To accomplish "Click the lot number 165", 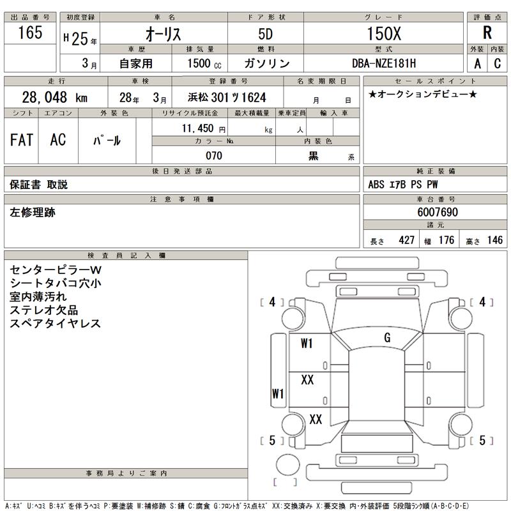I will tap(30, 33).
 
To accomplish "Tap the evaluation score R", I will tap(487, 34).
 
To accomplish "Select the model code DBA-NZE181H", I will tap(383, 63).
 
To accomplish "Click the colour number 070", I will tap(213, 156).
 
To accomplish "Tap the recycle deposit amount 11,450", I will tap(202, 129).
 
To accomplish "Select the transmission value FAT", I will tap(22, 141).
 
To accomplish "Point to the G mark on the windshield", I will tap(387, 337).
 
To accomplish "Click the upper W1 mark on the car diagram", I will tap(307, 344).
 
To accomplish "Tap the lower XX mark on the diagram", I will tap(316, 419).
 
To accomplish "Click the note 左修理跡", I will tap(33, 213).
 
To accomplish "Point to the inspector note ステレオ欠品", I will tap(44, 310).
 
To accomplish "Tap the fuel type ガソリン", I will tap(266, 63).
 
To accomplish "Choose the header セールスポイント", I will tap(435, 81).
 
